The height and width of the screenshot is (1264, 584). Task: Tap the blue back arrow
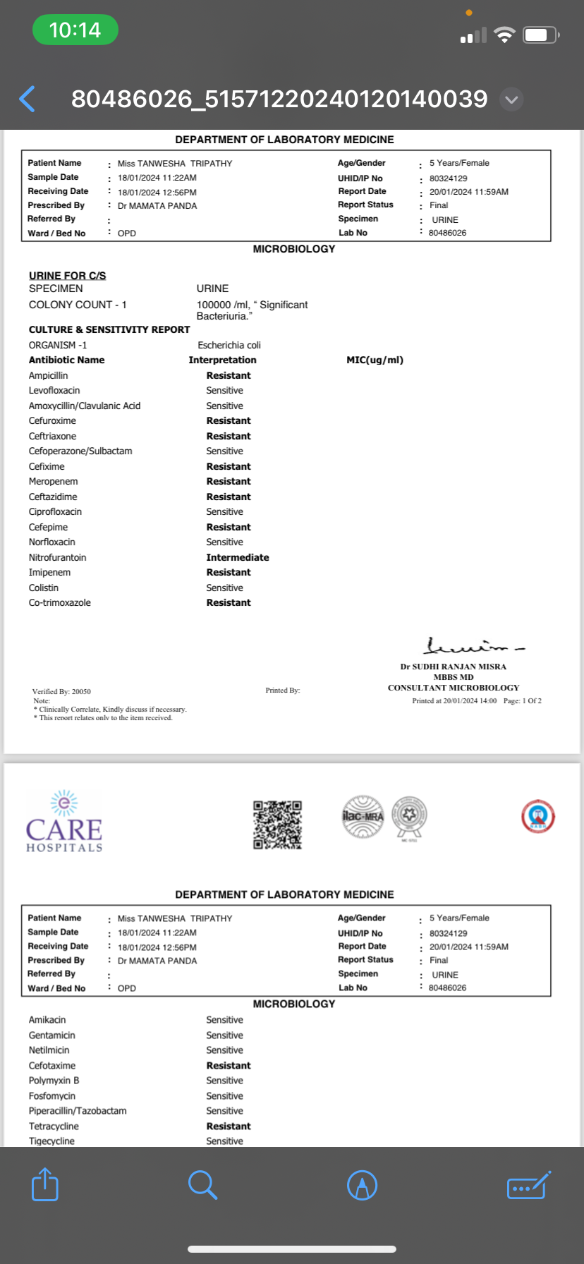28,99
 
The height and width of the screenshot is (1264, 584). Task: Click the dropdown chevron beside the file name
511,99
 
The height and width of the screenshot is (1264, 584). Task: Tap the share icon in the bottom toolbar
45,1184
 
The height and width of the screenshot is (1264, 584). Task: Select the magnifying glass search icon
202,1184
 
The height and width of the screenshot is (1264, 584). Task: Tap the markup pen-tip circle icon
363,1184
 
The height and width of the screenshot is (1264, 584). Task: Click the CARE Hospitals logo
64,822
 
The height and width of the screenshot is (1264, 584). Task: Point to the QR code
278,825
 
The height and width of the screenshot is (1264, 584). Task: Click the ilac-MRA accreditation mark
363,817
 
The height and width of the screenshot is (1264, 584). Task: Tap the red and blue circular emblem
538,817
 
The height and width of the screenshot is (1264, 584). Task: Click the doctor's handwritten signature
474,645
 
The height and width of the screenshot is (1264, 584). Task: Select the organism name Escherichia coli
229,345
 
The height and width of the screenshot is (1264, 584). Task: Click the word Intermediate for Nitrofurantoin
238,557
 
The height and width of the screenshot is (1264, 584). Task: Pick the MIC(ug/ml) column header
375,360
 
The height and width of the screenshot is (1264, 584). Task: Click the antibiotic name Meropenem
54,481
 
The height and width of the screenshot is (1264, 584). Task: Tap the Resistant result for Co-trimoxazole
229,602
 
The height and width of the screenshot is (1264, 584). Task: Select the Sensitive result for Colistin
224,588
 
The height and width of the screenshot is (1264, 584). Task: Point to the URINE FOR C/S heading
68,275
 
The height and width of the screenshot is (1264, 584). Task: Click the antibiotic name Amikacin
47,1020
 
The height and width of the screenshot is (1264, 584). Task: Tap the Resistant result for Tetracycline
229,1126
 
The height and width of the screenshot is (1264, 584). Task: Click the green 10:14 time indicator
75,30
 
